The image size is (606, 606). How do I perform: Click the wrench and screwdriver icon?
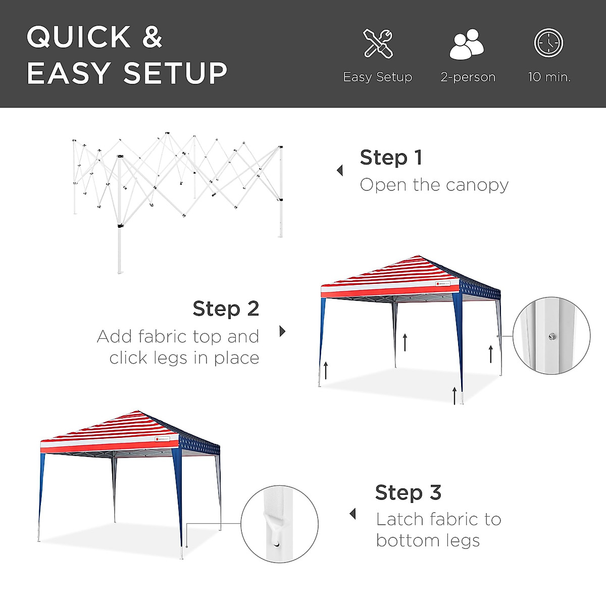click(378, 43)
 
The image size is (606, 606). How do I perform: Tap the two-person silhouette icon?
click(467, 44)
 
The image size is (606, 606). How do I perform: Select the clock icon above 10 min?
click(548, 43)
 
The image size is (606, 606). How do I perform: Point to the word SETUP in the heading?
click(175, 73)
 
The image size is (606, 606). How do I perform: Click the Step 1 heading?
click(391, 158)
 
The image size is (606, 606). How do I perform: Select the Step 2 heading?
click(226, 309)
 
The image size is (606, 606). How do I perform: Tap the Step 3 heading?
click(408, 492)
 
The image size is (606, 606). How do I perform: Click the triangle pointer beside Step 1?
click(340, 171)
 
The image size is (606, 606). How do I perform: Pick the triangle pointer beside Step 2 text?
click(282, 331)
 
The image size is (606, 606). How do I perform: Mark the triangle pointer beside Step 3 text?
click(352, 514)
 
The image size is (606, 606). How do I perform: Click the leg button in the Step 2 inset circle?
click(552, 336)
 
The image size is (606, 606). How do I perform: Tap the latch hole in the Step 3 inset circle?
click(276, 544)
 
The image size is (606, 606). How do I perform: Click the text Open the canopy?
click(434, 185)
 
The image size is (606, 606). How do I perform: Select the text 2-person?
click(468, 77)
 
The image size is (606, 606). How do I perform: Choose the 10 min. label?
click(549, 77)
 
